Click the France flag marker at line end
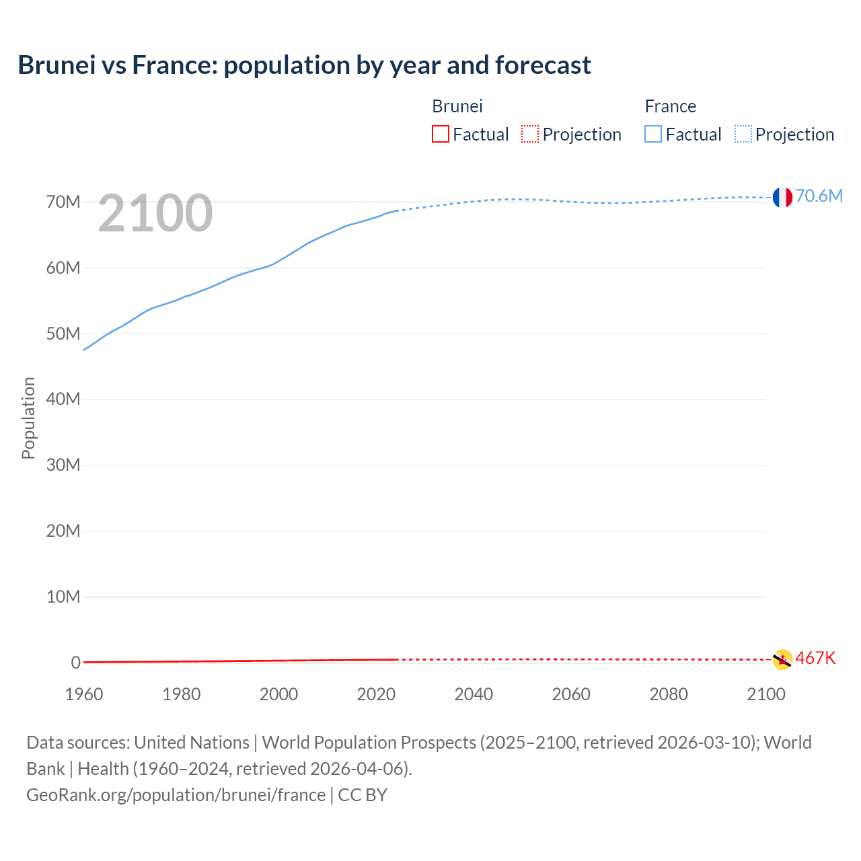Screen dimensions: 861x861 click(782, 197)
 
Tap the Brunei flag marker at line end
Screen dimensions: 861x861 click(782, 659)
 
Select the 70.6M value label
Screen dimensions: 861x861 click(819, 196)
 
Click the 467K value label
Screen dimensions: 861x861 click(815, 658)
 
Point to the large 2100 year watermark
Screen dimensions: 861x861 click(155, 213)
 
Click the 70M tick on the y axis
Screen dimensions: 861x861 click(63, 202)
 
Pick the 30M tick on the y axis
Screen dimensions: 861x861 click(63, 465)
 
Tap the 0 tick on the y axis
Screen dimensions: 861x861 click(75, 663)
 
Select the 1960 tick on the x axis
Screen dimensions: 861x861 click(84, 694)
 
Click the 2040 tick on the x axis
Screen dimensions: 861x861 click(474, 694)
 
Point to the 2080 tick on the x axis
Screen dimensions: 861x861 click(668, 694)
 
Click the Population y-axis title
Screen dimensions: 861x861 click(28, 418)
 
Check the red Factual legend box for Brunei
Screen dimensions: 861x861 click(441, 135)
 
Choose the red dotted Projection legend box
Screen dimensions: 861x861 click(530, 135)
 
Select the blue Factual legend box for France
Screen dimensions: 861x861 click(653, 135)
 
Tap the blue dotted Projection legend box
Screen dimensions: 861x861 click(743, 135)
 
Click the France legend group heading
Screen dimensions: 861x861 click(670, 106)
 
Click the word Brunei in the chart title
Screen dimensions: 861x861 click(57, 65)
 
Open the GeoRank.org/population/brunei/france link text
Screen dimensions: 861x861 click(176, 794)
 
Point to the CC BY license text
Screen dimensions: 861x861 click(363, 794)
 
